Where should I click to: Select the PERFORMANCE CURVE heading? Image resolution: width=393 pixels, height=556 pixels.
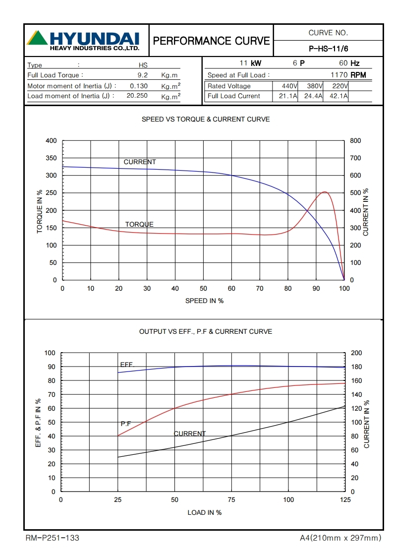(x=212, y=41)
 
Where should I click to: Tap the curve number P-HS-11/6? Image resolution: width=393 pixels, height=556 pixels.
(x=329, y=49)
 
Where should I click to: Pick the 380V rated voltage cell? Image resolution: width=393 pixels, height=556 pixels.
(x=315, y=86)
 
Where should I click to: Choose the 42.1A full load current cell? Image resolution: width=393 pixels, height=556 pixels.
(x=338, y=96)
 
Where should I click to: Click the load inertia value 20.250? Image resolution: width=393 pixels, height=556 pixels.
(x=137, y=96)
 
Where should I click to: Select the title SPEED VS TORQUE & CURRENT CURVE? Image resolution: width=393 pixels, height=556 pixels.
(x=206, y=120)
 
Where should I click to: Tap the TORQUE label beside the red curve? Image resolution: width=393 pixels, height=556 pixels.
(x=139, y=224)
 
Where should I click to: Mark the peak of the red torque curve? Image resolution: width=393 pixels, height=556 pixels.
(x=325, y=191)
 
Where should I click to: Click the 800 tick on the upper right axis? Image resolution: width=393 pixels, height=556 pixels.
(x=355, y=141)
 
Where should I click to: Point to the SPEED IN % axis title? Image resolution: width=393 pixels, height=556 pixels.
(x=204, y=301)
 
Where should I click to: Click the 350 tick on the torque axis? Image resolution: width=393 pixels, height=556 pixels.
(x=52, y=158)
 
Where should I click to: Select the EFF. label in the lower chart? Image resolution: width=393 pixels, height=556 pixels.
(x=127, y=365)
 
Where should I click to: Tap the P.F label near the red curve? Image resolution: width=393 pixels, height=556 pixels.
(x=126, y=424)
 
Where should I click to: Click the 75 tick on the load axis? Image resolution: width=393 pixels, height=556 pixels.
(x=231, y=500)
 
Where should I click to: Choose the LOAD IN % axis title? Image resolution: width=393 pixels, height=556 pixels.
(x=204, y=512)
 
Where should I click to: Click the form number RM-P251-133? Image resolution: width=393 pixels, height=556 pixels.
(x=52, y=538)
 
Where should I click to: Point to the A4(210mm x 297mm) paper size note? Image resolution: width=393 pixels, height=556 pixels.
(x=340, y=538)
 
